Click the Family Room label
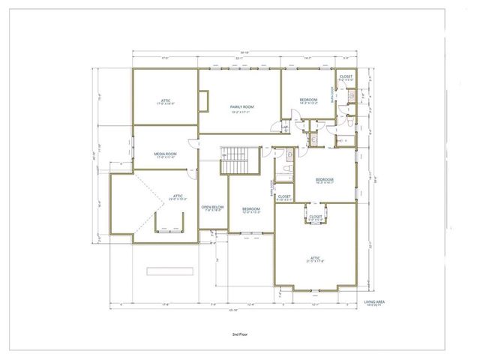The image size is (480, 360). [x=241, y=107]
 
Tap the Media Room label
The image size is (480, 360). [x=165, y=153]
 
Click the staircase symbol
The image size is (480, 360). [x=238, y=158]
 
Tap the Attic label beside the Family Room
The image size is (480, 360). [x=165, y=101]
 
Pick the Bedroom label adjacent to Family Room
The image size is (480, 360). [x=309, y=100]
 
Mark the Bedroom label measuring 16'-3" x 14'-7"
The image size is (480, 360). [x=324, y=180]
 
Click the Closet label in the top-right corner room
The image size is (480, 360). [x=346, y=76]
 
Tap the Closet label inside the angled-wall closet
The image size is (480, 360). [x=316, y=217]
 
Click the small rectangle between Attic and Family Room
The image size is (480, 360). [x=204, y=100]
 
